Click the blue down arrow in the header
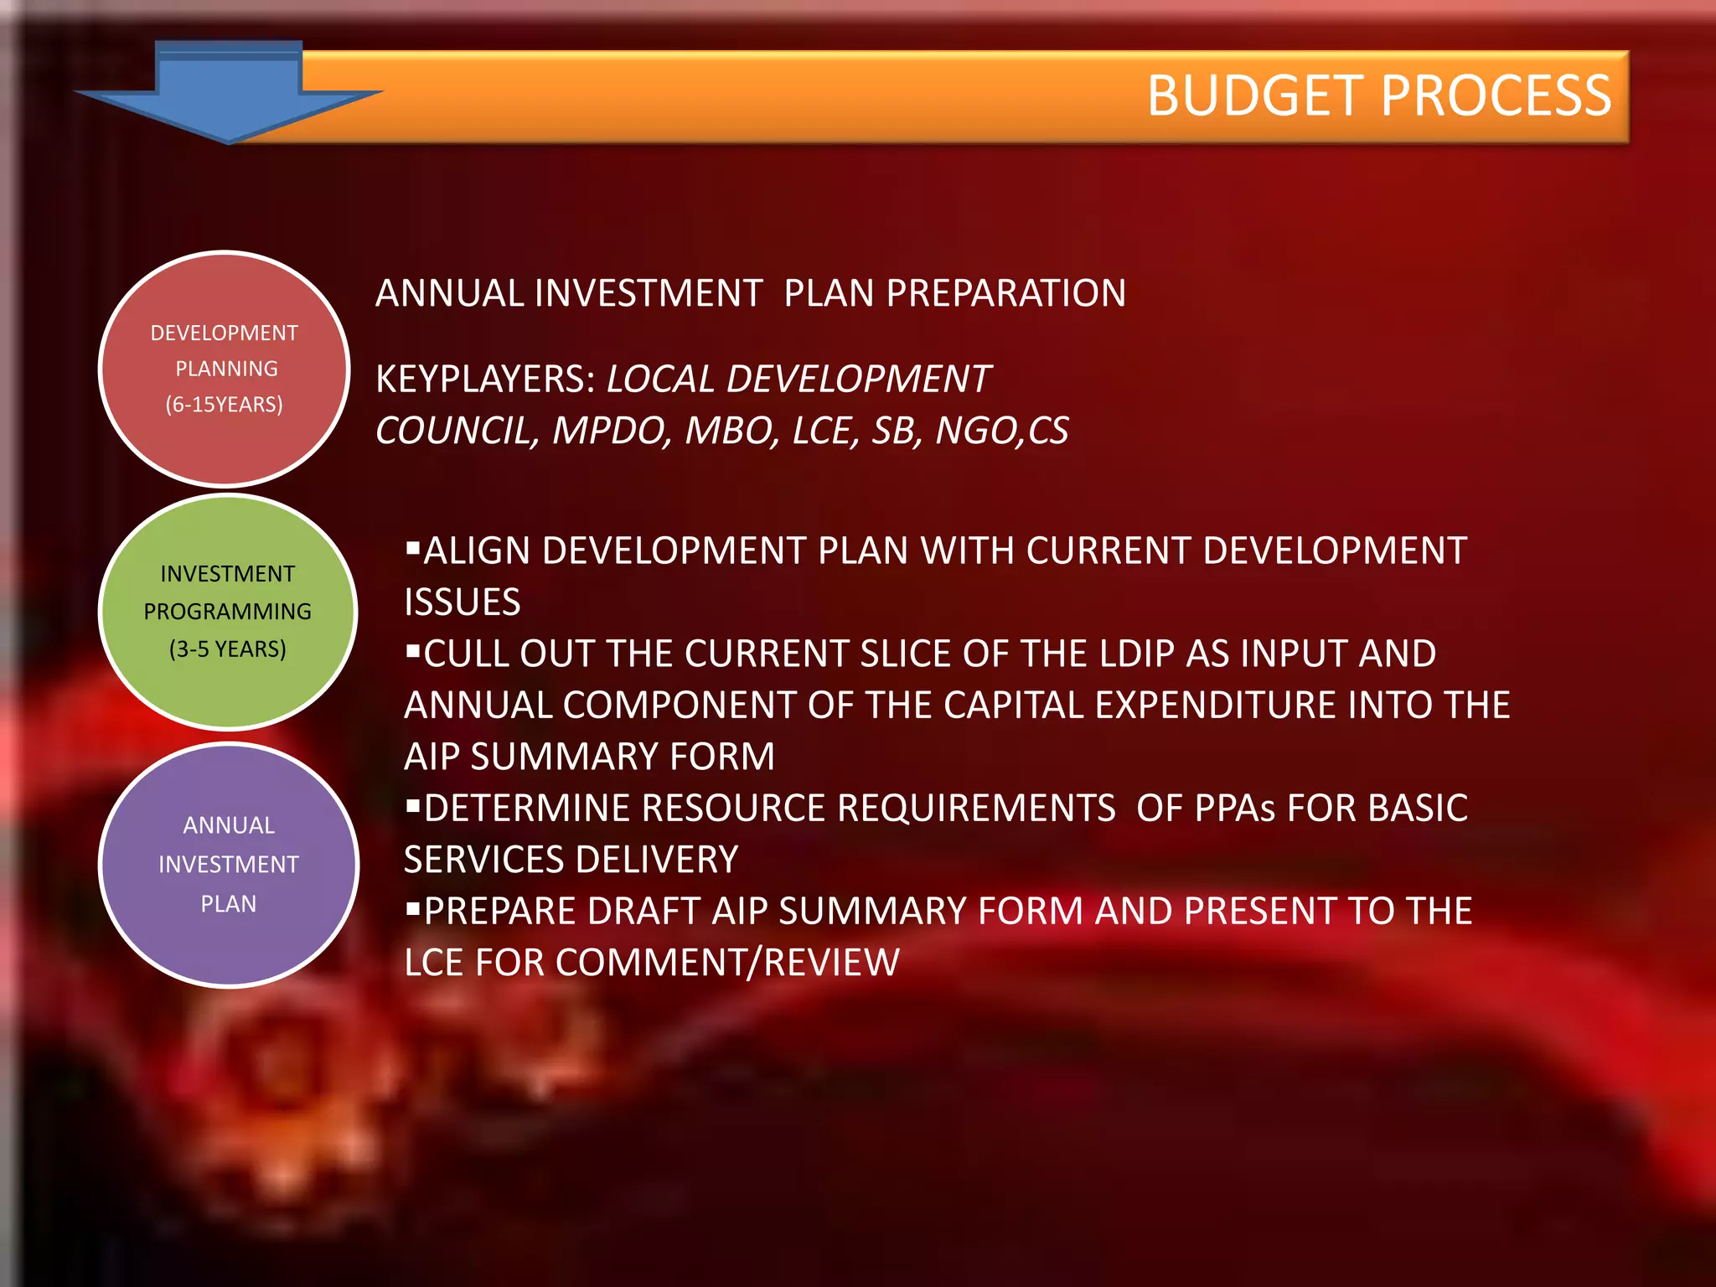[228, 92]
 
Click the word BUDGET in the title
[1256, 96]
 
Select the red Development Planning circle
[224, 369]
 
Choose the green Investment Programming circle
[228, 612]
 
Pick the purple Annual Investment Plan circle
[229, 865]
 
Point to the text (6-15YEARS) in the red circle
[224, 405]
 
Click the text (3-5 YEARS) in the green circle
[228, 649]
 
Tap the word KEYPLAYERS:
[485, 380]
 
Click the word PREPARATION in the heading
[1005, 293]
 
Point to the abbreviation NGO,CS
[1001, 431]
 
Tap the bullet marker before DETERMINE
[412, 806]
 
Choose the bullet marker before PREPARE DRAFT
[412, 909]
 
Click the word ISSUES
[463, 602]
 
